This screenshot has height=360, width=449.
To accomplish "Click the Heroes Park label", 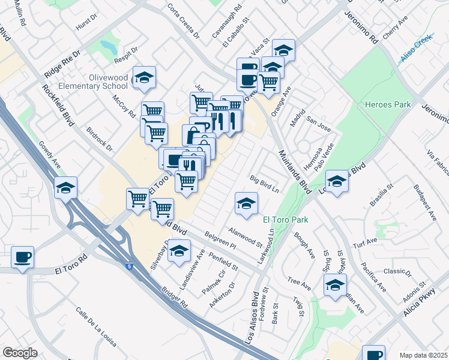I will pos(388,105).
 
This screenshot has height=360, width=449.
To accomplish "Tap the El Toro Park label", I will pos(286,220).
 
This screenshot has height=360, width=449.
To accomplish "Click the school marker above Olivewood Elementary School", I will pos(144,77).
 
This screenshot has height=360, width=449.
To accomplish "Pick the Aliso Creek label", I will pos(417,55).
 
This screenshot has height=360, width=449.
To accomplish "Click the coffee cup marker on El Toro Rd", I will pos(23,257).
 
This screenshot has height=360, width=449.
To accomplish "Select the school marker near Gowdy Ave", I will pos(65,188).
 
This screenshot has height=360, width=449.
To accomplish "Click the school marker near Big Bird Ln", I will pos(246,204).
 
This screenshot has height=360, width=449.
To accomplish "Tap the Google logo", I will pos(20,353).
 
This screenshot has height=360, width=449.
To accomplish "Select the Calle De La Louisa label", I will pos(95,328).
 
